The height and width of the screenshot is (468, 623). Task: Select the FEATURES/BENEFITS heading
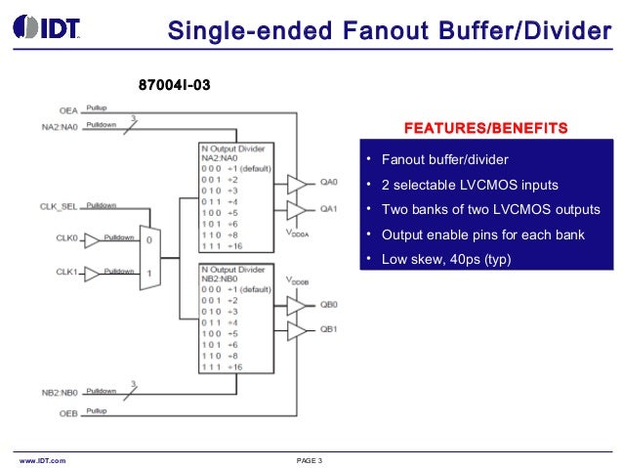pos(485,129)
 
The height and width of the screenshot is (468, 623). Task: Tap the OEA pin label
pos(67,110)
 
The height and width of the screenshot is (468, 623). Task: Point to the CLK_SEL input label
pos(60,206)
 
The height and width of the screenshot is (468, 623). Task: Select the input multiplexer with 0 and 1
pos(149,255)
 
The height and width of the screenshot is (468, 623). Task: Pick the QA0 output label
pos(328,182)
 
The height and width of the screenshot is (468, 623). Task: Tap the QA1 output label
pos(328,208)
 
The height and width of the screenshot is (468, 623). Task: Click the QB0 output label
pos(328,304)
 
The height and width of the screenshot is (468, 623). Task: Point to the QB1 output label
pos(328,329)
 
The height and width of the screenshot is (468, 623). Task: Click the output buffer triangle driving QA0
pos(296,183)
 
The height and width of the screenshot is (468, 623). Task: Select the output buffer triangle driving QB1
pos(296,330)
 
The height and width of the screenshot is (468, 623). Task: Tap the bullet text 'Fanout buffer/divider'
pos(444,159)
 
